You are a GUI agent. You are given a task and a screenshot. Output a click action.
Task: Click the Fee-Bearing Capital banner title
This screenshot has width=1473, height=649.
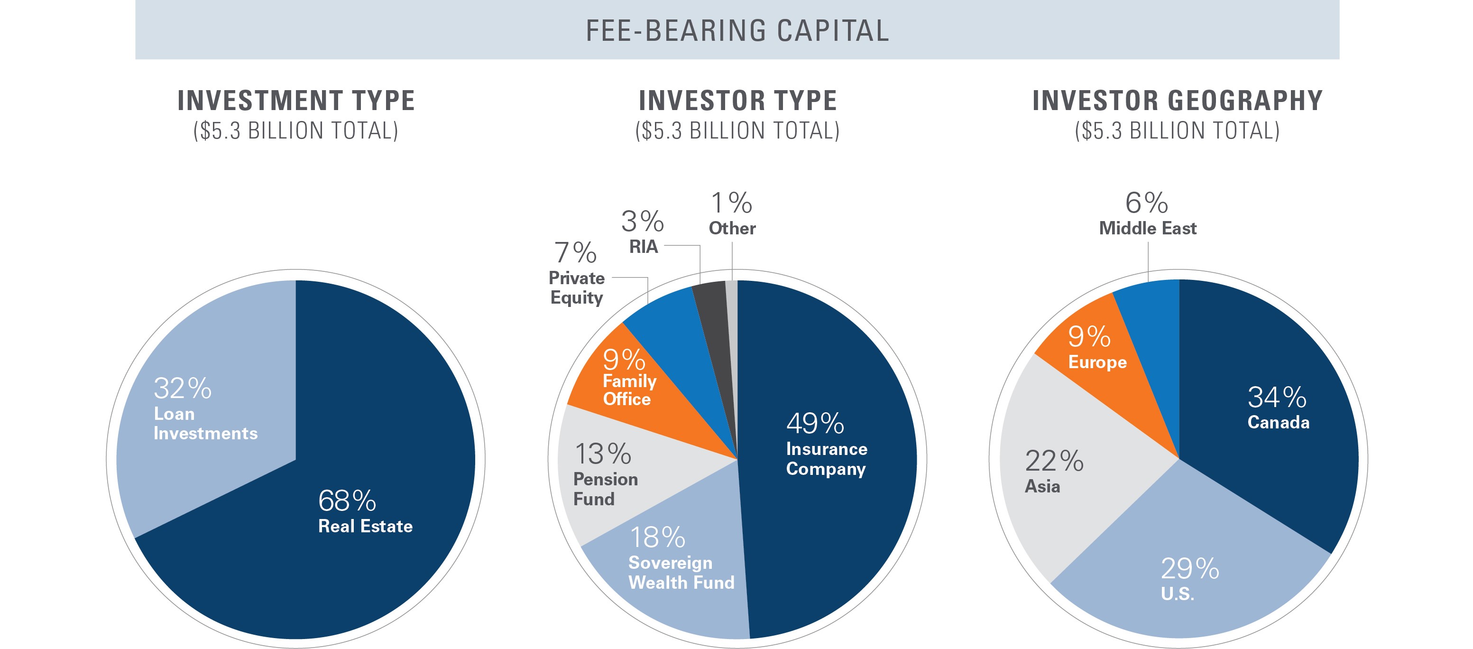click(737, 31)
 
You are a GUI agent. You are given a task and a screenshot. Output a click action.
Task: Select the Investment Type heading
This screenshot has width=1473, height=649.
click(295, 101)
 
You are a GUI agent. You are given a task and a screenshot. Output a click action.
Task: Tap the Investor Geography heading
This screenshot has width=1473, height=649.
click(1178, 101)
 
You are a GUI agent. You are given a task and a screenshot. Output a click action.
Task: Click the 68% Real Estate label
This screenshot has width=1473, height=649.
click(365, 510)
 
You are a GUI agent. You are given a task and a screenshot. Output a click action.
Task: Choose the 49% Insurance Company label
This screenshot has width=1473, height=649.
click(826, 444)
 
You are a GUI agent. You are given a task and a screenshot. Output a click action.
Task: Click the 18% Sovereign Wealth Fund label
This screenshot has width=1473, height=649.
click(681, 557)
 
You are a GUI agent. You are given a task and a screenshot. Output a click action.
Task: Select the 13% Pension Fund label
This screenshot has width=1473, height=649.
click(605, 474)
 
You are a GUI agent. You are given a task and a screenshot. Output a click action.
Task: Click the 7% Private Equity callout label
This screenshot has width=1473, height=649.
click(576, 273)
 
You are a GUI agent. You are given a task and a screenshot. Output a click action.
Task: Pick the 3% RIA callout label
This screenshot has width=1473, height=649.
click(642, 231)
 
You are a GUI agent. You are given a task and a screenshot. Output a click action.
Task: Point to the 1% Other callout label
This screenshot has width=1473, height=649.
click(732, 213)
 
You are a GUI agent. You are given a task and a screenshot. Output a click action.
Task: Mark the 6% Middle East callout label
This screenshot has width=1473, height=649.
click(1147, 213)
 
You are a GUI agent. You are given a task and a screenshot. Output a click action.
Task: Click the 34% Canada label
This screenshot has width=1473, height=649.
click(1278, 407)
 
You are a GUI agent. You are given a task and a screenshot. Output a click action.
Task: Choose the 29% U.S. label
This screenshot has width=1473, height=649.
click(1189, 579)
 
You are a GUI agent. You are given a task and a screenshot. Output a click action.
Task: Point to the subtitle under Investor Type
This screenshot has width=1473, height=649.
click(737, 131)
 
